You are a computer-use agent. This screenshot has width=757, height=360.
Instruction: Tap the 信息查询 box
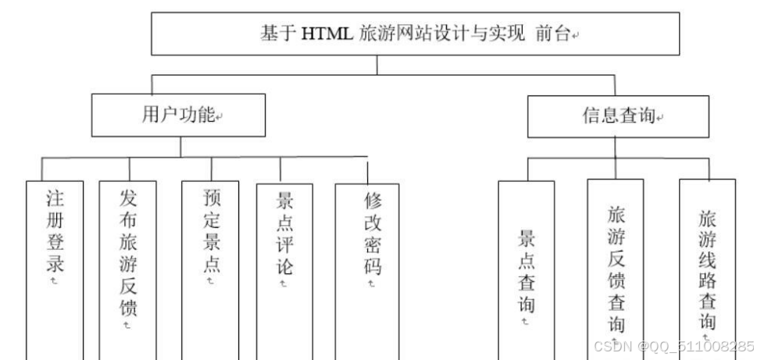616,116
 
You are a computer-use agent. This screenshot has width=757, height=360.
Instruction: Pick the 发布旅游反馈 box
128,258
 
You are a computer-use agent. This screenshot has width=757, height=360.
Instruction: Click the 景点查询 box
527,266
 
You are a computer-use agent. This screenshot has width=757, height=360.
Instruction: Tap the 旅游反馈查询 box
616,266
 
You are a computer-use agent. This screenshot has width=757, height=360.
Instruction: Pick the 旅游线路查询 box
707,266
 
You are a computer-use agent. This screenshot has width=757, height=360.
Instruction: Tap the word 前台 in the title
554,34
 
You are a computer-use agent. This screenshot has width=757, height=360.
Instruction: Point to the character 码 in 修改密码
372,266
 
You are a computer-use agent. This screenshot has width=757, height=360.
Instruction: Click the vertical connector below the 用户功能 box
181,146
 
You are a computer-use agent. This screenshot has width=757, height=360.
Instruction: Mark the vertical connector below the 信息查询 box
616,146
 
